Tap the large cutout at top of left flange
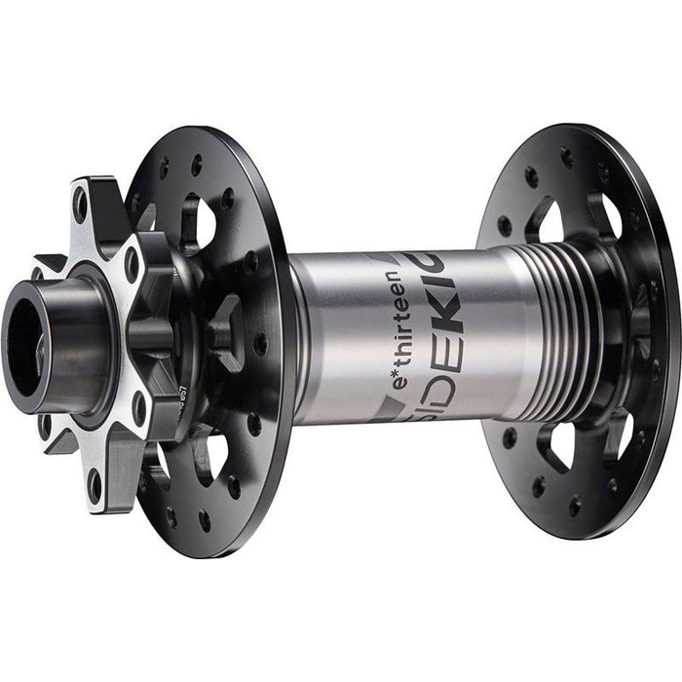pyautogui.click(x=200, y=218)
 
